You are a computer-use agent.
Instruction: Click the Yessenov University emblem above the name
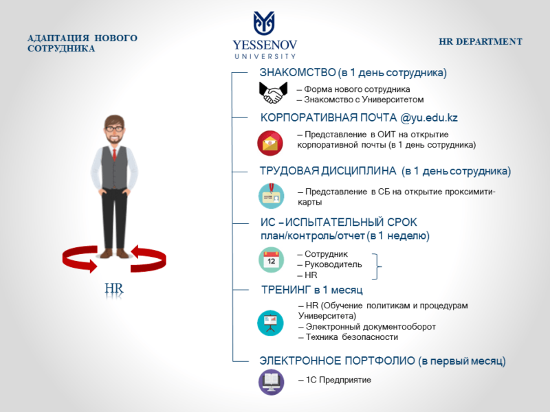click(264, 23)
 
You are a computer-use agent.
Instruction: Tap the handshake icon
click(273, 93)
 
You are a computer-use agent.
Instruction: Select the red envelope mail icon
click(270, 143)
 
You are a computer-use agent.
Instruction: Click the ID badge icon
click(271, 196)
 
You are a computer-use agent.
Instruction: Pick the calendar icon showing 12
click(271, 260)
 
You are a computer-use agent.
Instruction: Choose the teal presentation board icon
click(270, 323)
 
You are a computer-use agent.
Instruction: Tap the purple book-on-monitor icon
click(271, 382)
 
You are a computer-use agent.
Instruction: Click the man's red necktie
click(114, 154)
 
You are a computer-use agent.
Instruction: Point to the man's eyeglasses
click(115, 129)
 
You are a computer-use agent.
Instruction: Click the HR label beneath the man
click(114, 288)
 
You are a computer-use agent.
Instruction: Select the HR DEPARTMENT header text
click(481, 42)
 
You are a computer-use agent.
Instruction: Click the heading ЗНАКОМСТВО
click(298, 73)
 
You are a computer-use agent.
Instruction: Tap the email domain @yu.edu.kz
click(429, 117)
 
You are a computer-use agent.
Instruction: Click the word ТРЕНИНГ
click(286, 290)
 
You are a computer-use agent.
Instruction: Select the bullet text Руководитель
click(333, 264)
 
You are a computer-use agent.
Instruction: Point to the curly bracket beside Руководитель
click(377, 266)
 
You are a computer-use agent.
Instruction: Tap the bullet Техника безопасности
click(352, 337)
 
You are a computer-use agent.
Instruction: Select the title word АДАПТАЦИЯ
click(58, 38)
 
